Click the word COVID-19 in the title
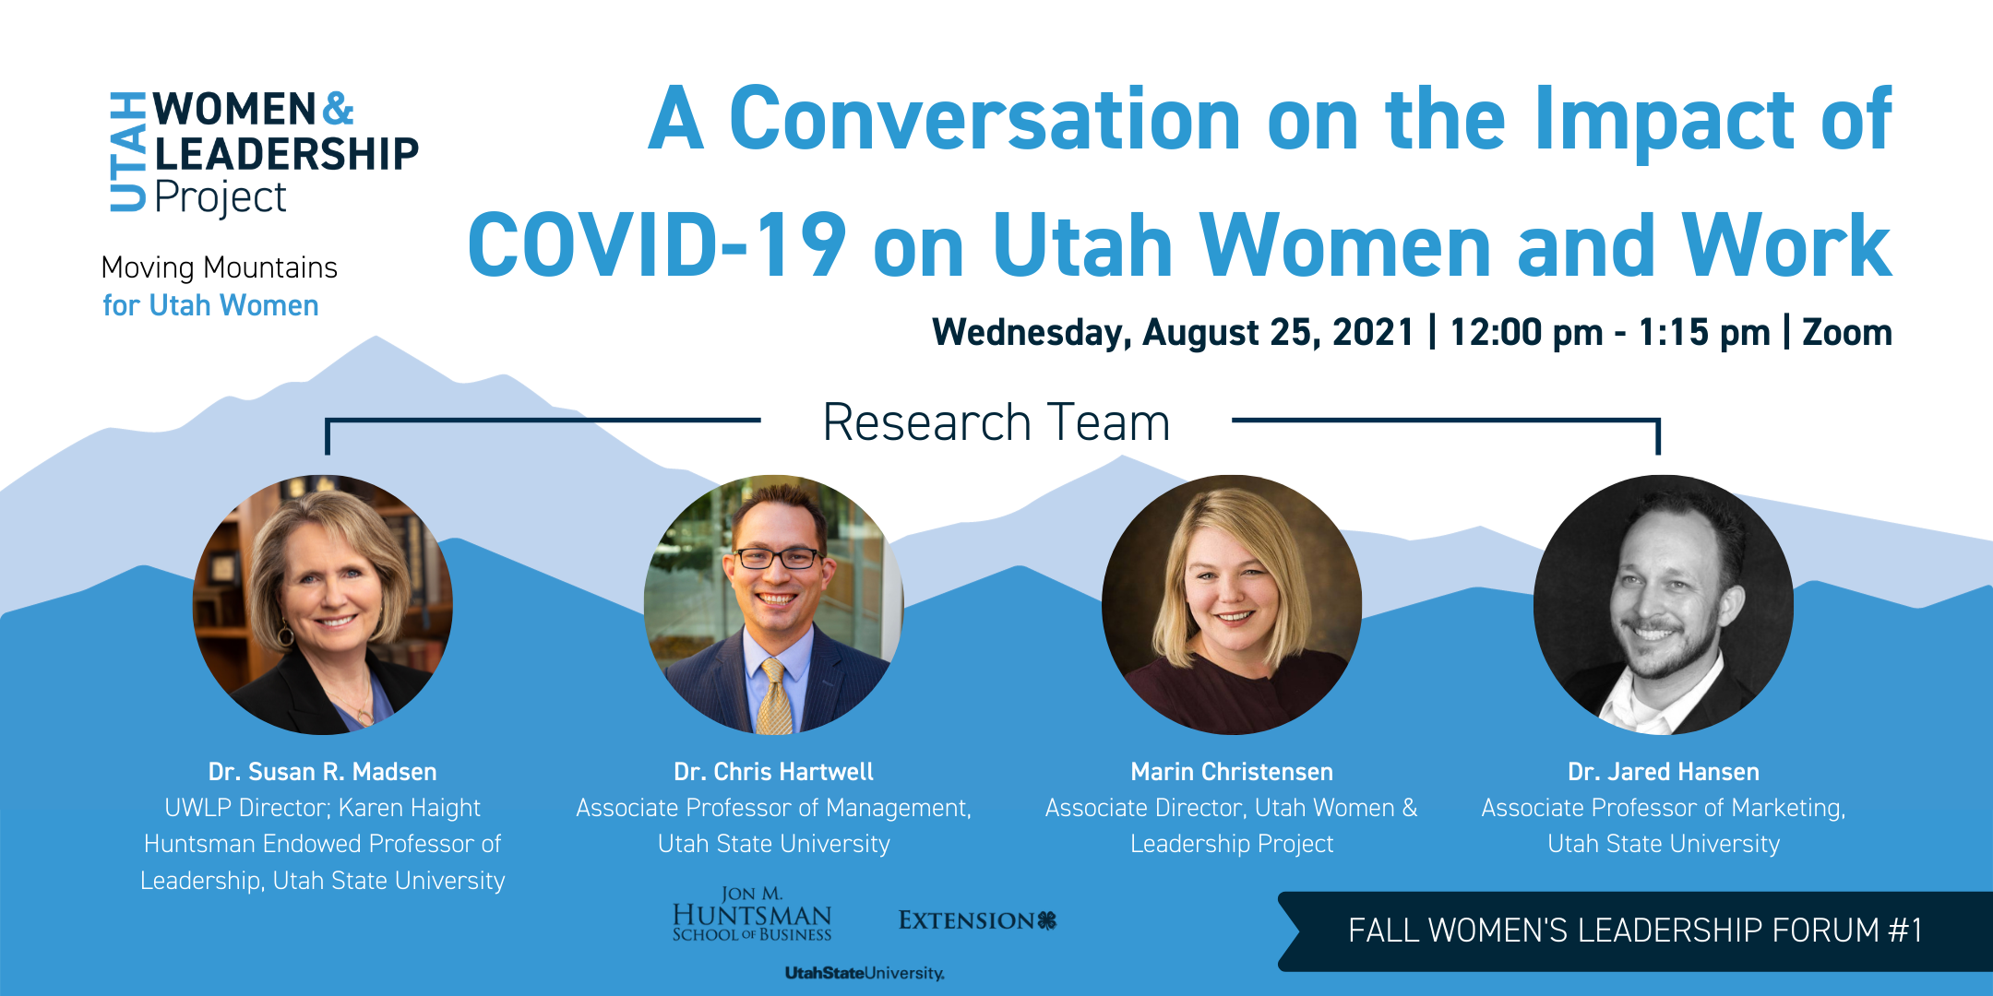coord(657,244)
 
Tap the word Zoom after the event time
coord(1846,332)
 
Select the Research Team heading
coord(996,422)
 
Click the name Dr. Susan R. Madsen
coord(323,771)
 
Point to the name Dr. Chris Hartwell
coord(773,771)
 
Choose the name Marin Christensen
coord(1232,771)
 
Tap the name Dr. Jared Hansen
coord(1664,771)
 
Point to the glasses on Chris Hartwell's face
coord(777,558)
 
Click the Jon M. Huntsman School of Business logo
coord(752,914)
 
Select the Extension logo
coord(977,920)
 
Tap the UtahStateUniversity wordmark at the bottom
coord(865,973)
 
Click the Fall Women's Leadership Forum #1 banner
coord(1635,931)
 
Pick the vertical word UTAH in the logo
coord(127,151)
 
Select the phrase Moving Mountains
coord(220,267)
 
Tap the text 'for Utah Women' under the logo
coord(210,305)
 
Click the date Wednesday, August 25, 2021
coord(1173,332)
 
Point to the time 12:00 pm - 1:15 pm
coord(1610,332)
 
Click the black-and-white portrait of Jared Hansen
coord(1664,605)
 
